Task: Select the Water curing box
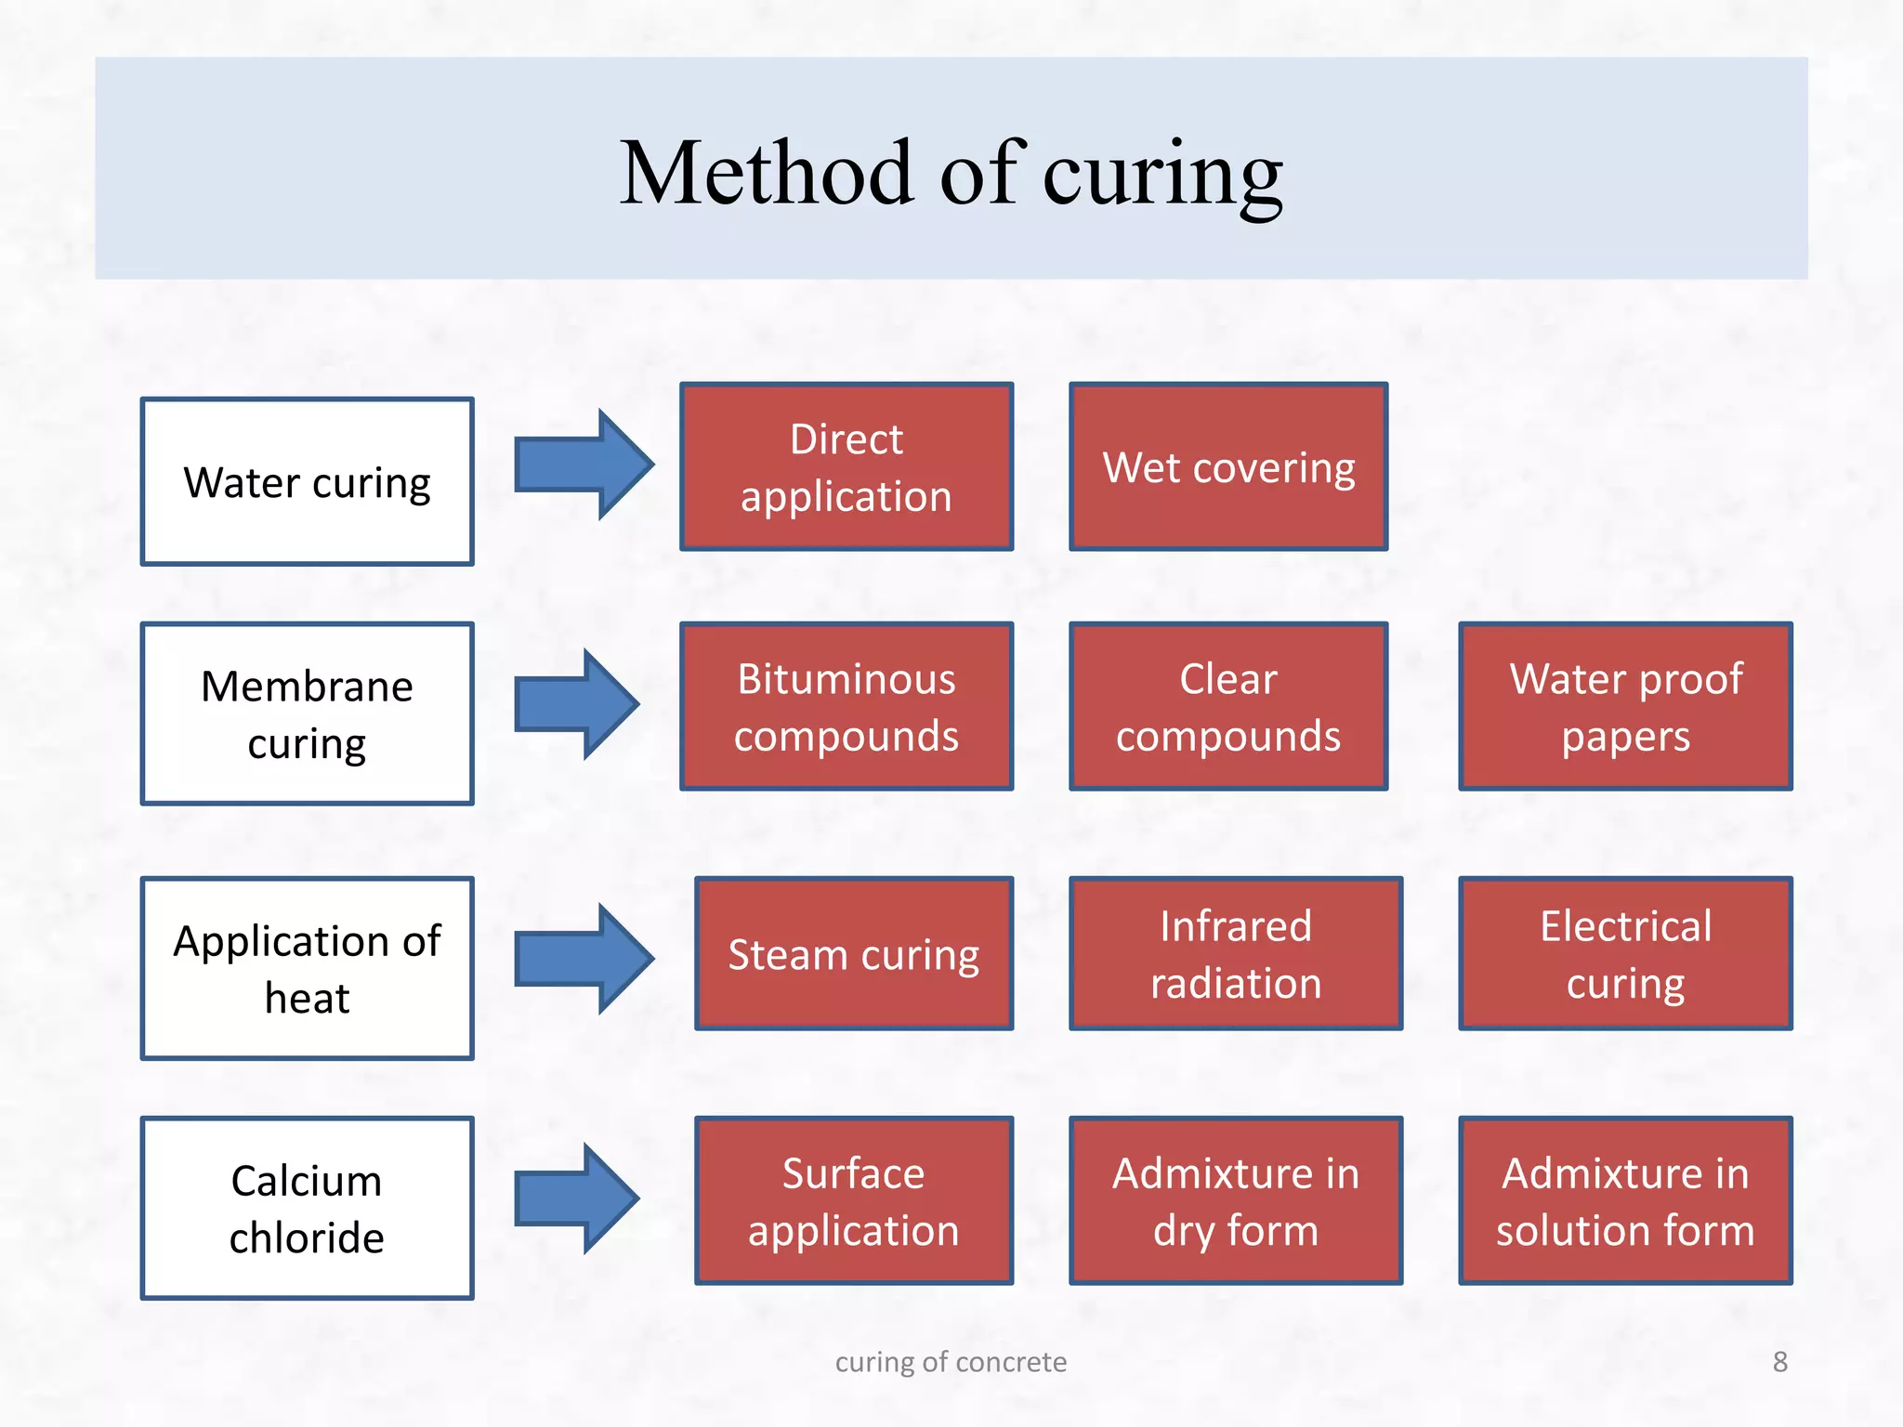(307, 481)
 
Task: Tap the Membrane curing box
(307, 713)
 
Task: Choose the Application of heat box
(307, 968)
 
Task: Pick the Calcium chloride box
(307, 1208)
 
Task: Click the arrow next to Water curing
(583, 464)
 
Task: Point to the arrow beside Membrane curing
(576, 704)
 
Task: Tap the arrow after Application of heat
(583, 958)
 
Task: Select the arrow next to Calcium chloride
(576, 1198)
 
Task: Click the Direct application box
(846, 466)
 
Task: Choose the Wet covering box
(1228, 466)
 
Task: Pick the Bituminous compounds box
(846, 706)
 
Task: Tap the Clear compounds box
(1228, 706)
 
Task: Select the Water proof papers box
(1625, 706)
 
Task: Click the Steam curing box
(853, 953)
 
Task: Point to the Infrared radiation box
(1236, 953)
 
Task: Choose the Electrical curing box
(1625, 953)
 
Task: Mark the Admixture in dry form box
(1236, 1200)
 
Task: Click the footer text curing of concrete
(951, 1362)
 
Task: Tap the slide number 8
(1779, 1362)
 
